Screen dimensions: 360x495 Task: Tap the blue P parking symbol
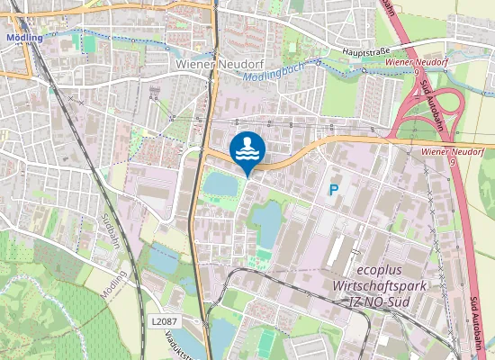click(334, 190)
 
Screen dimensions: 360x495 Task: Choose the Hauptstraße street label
click(367, 52)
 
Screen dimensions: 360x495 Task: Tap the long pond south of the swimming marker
click(267, 223)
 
